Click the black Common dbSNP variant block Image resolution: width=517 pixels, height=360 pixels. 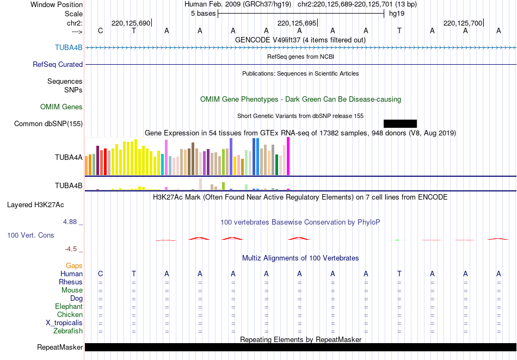[x=400, y=123]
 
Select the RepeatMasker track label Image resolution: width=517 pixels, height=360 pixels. [x=60, y=347]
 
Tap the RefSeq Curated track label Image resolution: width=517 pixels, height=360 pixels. [x=58, y=64]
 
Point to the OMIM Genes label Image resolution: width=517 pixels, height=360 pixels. [x=61, y=107]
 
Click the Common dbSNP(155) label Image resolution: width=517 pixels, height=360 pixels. [x=48, y=123]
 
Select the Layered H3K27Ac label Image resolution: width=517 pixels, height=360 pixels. [x=35, y=205]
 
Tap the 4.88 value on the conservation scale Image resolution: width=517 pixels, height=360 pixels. [x=71, y=222]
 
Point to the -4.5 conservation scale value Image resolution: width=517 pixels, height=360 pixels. [x=71, y=249]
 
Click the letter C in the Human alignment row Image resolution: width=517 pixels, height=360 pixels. [x=100, y=274]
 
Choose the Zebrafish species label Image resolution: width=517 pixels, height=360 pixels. [x=68, y=331]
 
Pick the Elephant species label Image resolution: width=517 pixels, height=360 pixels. [x=69, y=306]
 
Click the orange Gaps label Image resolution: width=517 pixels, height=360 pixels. [x=74, y=265]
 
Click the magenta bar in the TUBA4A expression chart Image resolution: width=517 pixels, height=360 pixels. [x=288, y=157]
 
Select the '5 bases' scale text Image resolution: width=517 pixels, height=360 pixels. [x=203, y=14]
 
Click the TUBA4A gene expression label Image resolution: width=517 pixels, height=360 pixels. [x=69, y=157]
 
